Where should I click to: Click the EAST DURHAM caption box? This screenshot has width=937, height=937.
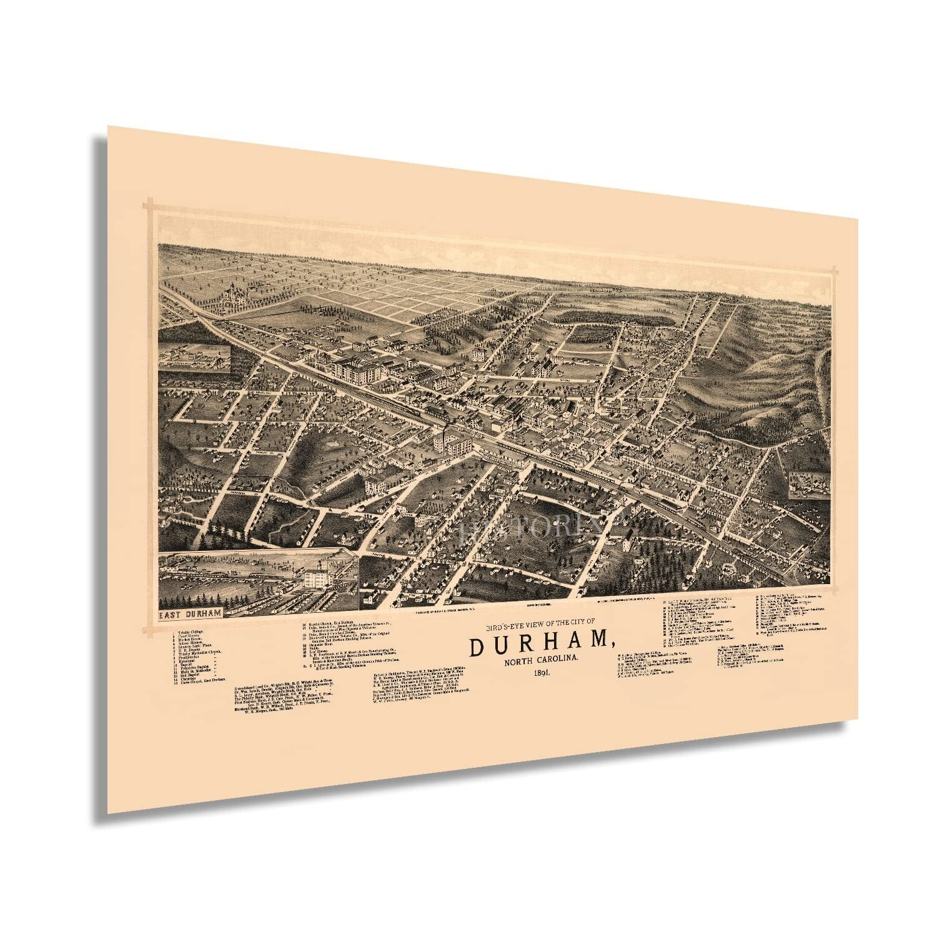click(189, 613)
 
